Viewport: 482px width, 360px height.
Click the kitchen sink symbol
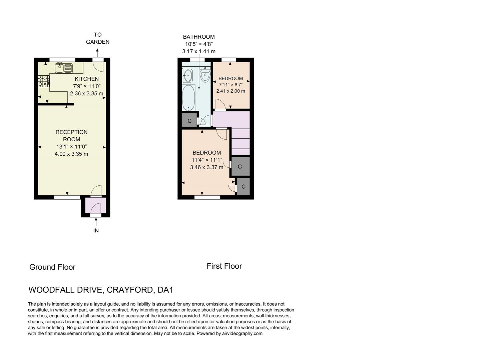coord(64,68)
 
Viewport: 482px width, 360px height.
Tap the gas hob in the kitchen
coord(44,81)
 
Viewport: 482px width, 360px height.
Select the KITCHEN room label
coord(86,79)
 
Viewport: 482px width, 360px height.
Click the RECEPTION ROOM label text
coord(71,136)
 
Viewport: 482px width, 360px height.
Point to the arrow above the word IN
coord(96,221)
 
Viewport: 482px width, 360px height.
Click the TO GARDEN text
coord(97,38)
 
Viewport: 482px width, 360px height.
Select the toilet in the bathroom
coord(205,75)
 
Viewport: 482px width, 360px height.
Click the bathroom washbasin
coord(188,75)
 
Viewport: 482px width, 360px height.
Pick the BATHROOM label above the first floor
coord(199,37)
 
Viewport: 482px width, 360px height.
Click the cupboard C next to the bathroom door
coord(189,121)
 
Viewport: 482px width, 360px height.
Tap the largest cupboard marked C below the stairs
coord(240,166)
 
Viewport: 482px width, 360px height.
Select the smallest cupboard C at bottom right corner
coord(243,187)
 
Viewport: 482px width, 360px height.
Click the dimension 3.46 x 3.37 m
coord(206,167)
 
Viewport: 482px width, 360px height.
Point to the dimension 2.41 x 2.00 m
coord(230,91)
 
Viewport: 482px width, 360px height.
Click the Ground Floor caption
coord(52,267)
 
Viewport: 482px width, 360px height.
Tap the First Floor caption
coord(224,266)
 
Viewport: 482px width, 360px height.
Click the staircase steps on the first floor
coord(240,141)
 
